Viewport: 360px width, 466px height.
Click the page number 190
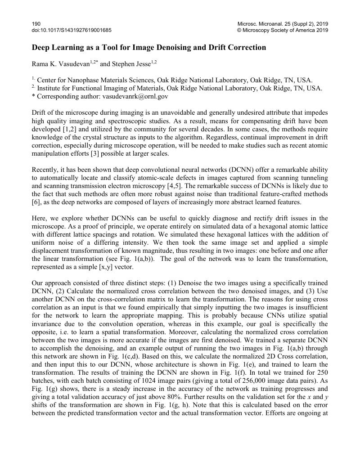(36, 23)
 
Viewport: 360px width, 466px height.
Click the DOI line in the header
(72, 30)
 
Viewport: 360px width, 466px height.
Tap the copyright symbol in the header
(239, 30)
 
